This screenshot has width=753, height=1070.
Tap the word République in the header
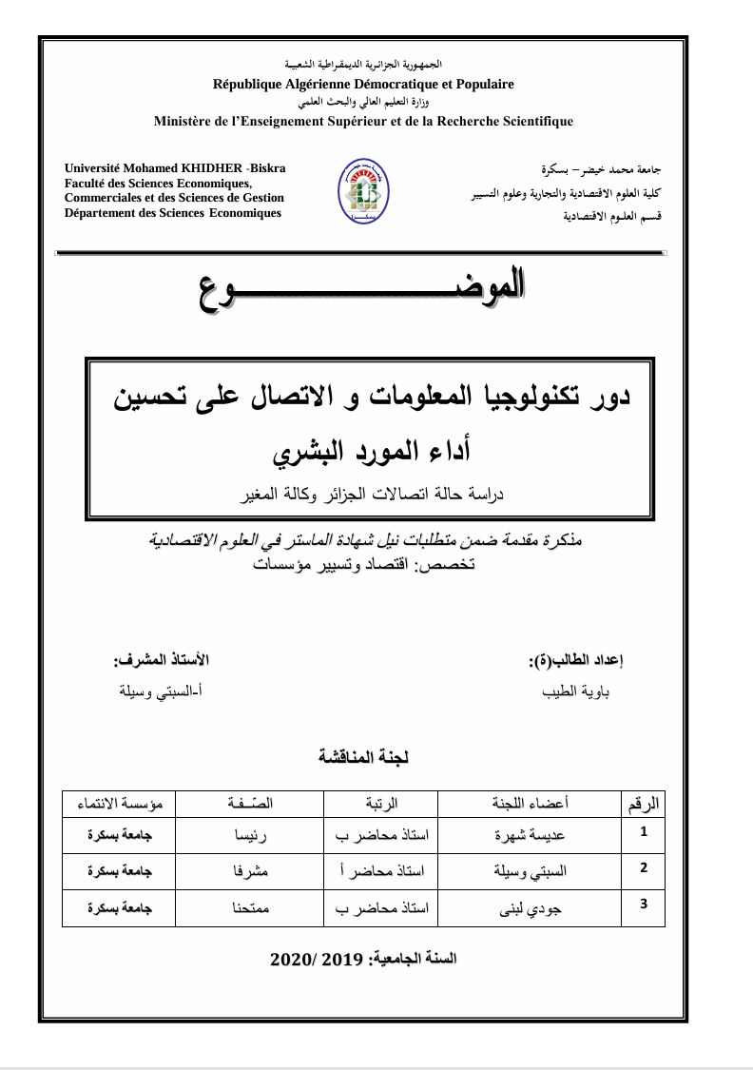[248, 84]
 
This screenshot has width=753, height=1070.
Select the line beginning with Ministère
[363, 121]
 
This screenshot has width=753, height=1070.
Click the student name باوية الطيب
[581, 692]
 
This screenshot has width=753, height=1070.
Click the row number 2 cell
[644, 867]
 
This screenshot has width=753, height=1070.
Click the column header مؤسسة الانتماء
[119, 804]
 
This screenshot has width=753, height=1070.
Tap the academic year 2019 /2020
[363, 959]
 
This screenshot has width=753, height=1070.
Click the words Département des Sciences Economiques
[172, 212]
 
